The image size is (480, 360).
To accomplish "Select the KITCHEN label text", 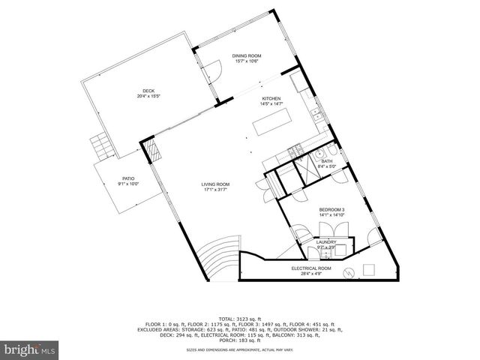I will click(271, 99).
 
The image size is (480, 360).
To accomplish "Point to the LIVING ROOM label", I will click(215, 184).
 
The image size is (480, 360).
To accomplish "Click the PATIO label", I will click(128, 178).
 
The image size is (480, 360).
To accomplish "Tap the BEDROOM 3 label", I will click(331, 208).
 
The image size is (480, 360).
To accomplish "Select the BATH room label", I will click(327, 161).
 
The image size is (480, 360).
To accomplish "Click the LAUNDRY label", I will click(326, 241).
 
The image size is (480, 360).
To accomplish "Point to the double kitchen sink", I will click(317, 116).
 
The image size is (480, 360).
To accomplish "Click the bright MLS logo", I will click(30, 349).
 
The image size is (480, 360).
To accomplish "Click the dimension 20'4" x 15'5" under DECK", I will click(148, 96).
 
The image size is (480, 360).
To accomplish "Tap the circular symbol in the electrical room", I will click(348, 271).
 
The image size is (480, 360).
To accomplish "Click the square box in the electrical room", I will click(369, 269).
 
